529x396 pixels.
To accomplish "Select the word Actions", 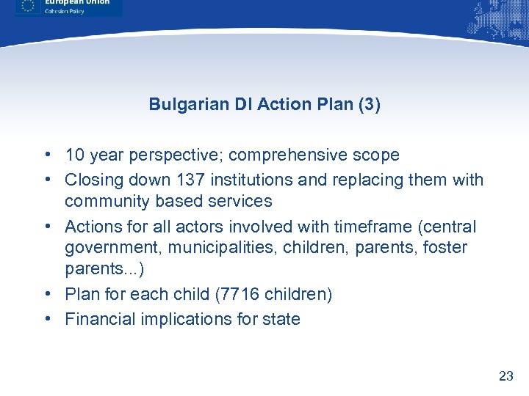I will click(x=92, y=227).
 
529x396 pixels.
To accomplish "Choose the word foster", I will click(x=445, y=248).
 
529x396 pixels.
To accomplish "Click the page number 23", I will click(x=505, y=376).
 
